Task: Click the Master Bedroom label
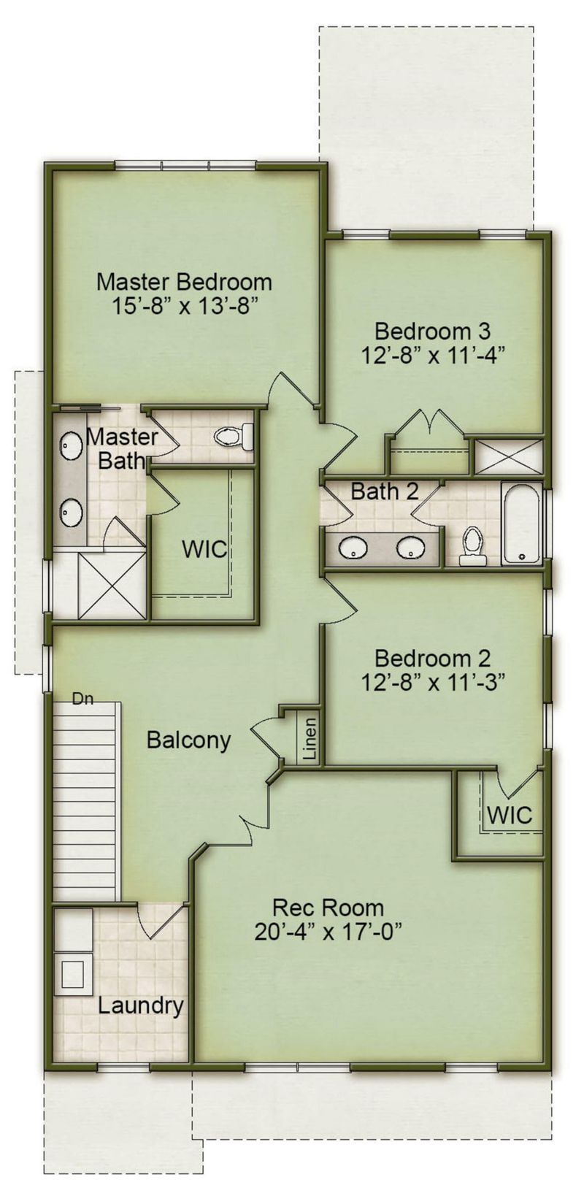pos(184,282)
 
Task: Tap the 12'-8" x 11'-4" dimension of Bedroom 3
pos(432,355)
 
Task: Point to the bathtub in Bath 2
pos(521,523)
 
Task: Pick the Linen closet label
pos(310,739)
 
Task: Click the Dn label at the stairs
pos(82,699)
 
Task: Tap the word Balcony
pos(188,740)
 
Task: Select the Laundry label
pos(140,1006)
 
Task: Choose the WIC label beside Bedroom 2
pos(510,816)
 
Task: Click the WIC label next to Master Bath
pos(204,549)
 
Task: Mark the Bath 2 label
pos(385,491)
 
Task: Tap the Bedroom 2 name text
pos(432,659)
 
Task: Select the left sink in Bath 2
pos(352,548)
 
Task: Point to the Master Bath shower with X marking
pos(112,586)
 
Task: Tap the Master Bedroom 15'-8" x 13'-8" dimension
pos(185,307)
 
